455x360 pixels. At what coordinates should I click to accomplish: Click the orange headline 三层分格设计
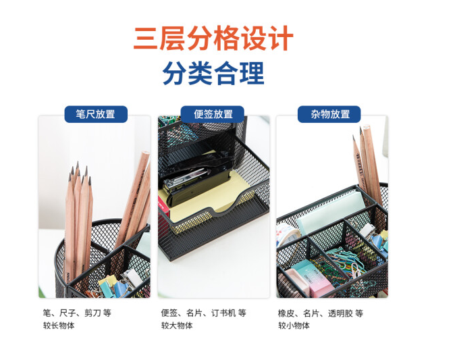[x=213, y=38]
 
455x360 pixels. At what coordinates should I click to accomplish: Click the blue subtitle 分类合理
[x=213, y=73]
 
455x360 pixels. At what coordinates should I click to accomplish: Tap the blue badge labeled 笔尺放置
[x=96, y=114]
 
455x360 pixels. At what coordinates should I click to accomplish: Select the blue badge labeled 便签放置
[x=213, y=114]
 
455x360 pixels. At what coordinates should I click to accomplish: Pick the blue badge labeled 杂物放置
[x=329, y=114]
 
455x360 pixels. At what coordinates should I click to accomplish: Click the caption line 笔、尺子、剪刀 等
[x=77, y=313]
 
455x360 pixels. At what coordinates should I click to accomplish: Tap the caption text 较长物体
[x=59, y=326]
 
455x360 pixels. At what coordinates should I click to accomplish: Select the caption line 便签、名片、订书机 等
[x=204, y=313]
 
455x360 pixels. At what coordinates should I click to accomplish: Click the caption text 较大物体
[x=177, y=326]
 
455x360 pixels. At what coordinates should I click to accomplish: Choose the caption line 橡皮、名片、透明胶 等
[x=321, y=313]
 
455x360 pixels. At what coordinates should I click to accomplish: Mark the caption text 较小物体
[x=294, y=326]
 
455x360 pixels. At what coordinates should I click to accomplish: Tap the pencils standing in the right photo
[x=368, y=163]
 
